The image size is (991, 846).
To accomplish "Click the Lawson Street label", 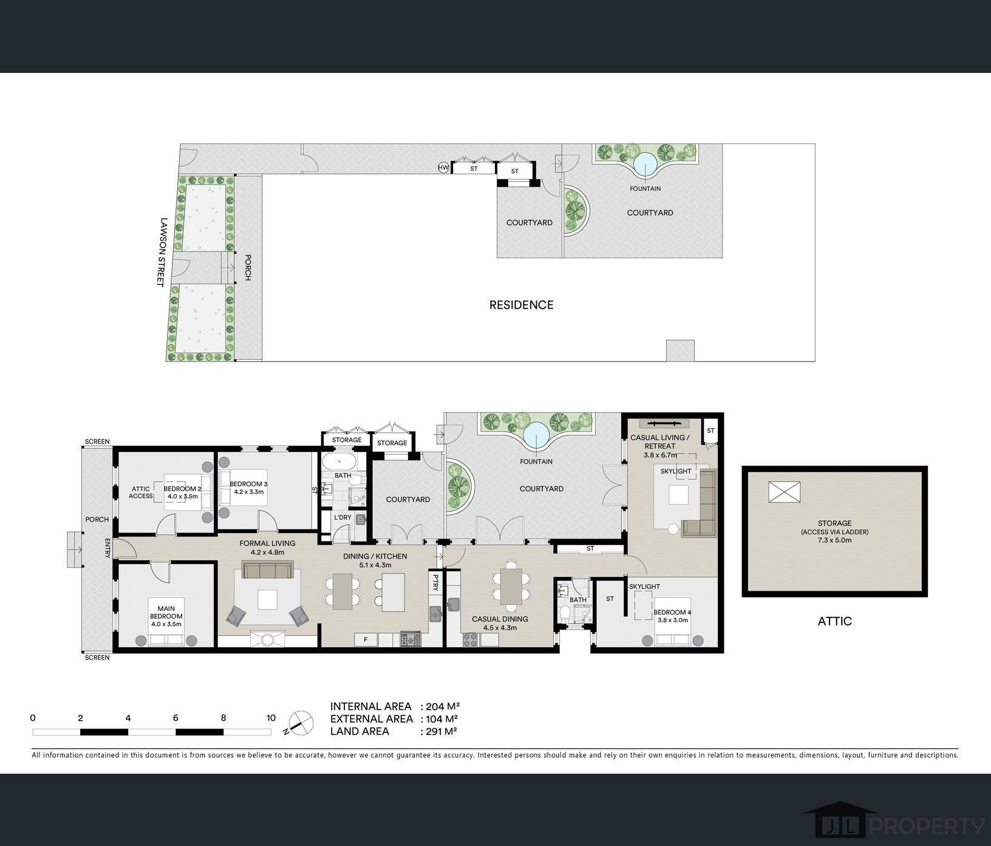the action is [x=162, y=252].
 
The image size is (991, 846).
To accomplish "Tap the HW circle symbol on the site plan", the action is [x=444, y=168].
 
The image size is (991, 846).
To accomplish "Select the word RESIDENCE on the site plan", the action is [x=522, y=305].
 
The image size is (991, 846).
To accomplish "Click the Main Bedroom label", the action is [x=166, y=613].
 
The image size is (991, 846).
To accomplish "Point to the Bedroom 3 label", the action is [x=249, y=487].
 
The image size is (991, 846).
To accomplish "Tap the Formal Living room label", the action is [x=268, y=548].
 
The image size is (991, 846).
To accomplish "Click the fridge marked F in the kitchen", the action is [x=366, y=639].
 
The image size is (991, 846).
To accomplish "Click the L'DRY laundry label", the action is [x=343, y=518].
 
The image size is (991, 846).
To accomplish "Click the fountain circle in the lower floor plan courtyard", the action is [x=536, y=435].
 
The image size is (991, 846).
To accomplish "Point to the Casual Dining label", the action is [x=500, y=623].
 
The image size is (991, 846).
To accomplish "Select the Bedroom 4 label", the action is [x=672, y=616].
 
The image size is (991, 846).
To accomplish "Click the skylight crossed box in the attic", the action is [x=784, y=492].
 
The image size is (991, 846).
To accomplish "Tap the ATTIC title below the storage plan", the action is [x=835, y=621].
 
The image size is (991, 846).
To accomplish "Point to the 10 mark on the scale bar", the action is [x=271, y=718].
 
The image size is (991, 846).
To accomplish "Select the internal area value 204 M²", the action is [x=443, y=706].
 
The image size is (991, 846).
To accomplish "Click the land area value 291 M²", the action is [x=441, y=731].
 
